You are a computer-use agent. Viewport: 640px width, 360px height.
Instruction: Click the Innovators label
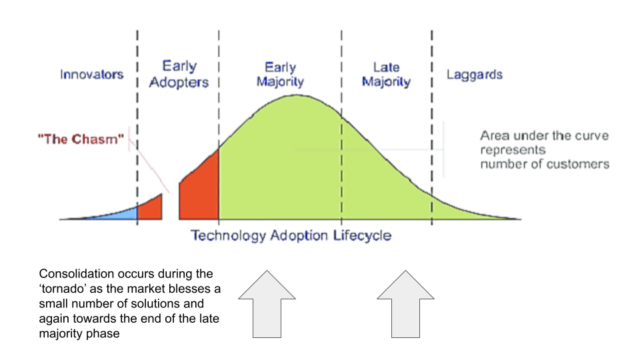91,74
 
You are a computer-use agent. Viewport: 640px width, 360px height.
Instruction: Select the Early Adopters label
179,74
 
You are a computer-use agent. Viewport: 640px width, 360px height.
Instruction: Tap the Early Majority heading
280,74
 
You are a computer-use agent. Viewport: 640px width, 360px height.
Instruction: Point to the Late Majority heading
386,74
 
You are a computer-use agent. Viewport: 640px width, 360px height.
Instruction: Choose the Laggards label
474,74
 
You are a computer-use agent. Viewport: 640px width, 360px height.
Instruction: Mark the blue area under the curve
120,213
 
